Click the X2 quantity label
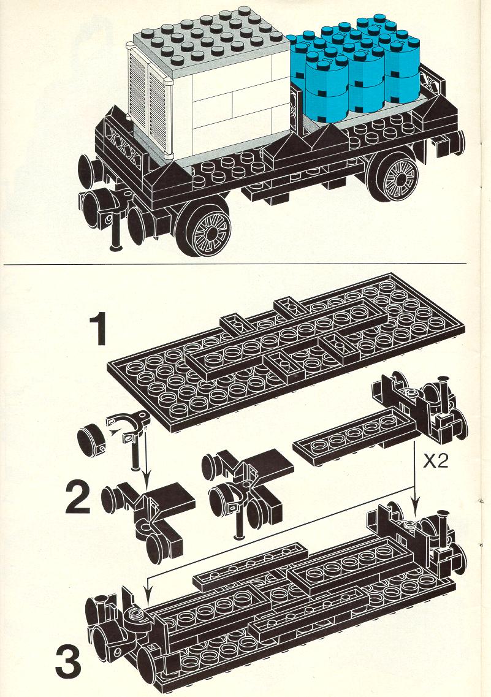pyautogui.click(x=435, y=462)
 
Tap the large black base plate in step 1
pyautogui.click(x=287, y=351)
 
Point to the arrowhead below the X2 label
pyautogui.click(x=414, y=505)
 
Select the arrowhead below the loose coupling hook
pyautogui.click(x=146, y=484)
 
